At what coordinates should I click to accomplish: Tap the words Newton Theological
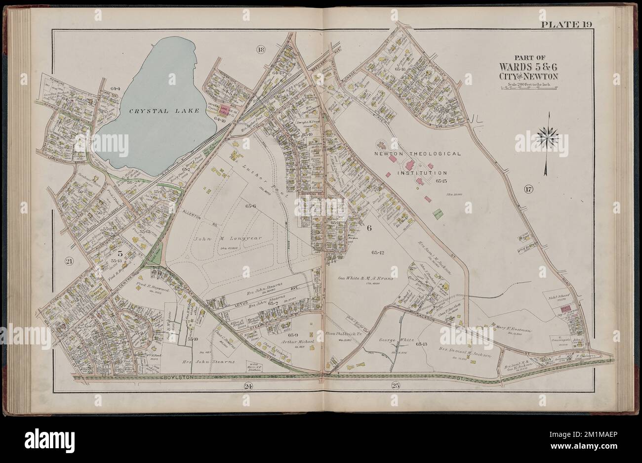[x=418, y=154]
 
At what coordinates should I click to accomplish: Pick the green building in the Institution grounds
[x=437, y=213]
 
